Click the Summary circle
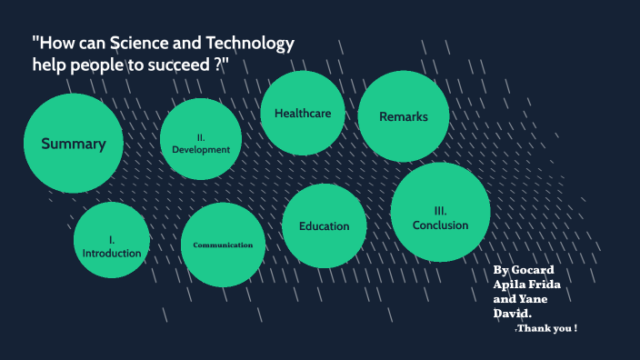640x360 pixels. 73,144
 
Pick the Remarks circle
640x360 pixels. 403,116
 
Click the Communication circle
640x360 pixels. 223,245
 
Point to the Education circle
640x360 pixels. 325,226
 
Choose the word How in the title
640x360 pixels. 55,44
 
